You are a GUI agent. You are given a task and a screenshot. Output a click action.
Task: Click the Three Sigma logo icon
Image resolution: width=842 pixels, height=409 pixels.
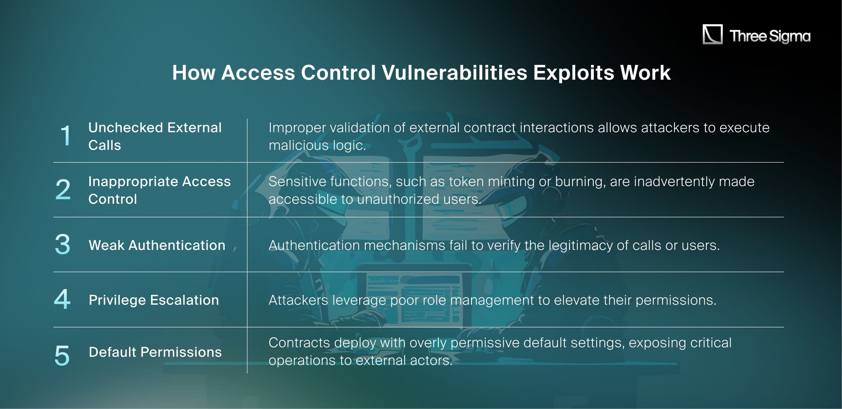713,34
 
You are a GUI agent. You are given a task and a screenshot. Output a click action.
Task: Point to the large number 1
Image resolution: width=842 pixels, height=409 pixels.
66,136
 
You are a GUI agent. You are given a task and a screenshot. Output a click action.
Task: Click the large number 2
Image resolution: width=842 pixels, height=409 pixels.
63,190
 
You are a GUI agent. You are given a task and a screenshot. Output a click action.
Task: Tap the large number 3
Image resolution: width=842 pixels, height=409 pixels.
62,244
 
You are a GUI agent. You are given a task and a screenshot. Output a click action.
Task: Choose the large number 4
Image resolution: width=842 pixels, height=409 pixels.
62,299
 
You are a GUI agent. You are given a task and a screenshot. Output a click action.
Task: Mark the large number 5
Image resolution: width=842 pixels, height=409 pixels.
62,355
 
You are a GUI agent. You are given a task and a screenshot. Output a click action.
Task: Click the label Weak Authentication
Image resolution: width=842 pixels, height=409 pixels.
157,245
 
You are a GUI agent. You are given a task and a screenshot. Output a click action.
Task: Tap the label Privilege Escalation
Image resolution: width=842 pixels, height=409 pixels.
154,300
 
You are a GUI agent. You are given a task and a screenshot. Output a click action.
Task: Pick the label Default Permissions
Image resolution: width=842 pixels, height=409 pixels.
155,352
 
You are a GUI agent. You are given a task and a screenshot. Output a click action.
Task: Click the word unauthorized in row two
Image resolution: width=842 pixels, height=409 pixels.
398,199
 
